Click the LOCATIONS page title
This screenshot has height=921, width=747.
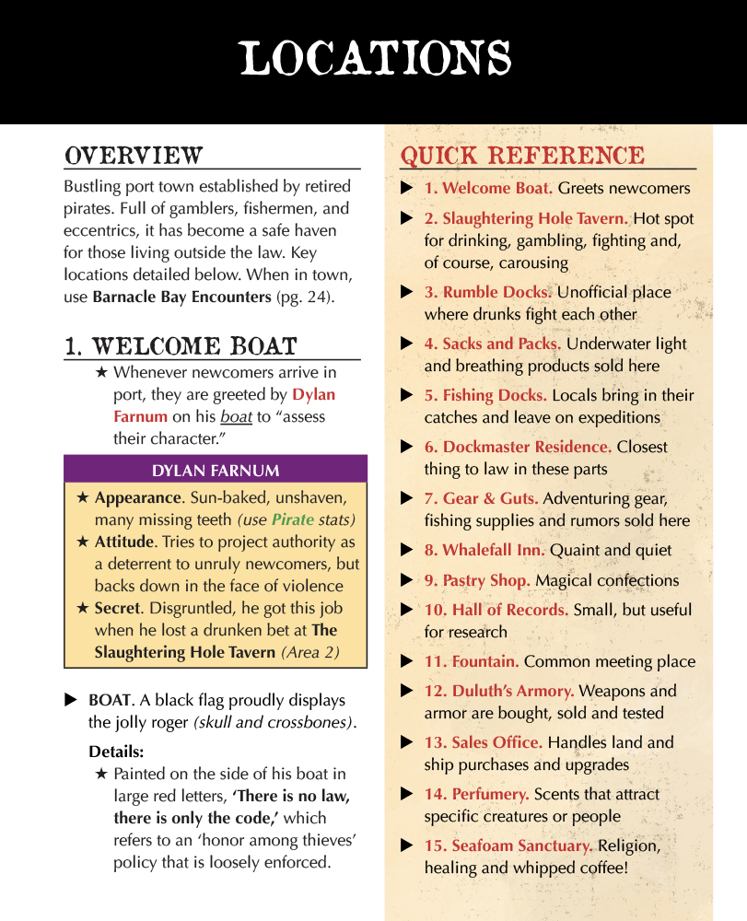pos(375,59)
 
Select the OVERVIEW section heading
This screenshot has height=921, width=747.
pos(134,155)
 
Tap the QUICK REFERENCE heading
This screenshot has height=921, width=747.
pos(522,156)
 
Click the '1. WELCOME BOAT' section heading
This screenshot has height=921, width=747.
pos(181,346)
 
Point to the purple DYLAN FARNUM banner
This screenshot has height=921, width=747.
pos(216,471)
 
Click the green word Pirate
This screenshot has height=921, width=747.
pos(292,519)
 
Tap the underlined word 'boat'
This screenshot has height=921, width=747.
pos(236,416)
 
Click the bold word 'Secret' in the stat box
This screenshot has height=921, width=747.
pos(116,608)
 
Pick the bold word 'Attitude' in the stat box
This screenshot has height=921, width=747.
pos(124,542)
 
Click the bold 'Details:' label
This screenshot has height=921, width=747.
pos(116,752)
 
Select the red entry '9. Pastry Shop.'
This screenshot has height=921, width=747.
pos(477,580)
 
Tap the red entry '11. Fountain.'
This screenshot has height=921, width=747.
pos(472,661)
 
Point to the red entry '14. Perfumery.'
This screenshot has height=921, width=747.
pos(476,794)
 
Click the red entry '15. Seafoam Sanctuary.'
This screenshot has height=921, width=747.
pos(508,845)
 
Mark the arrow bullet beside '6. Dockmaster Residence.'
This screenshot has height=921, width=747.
pos(406,447)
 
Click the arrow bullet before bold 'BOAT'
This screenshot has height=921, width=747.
pos(70,700)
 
